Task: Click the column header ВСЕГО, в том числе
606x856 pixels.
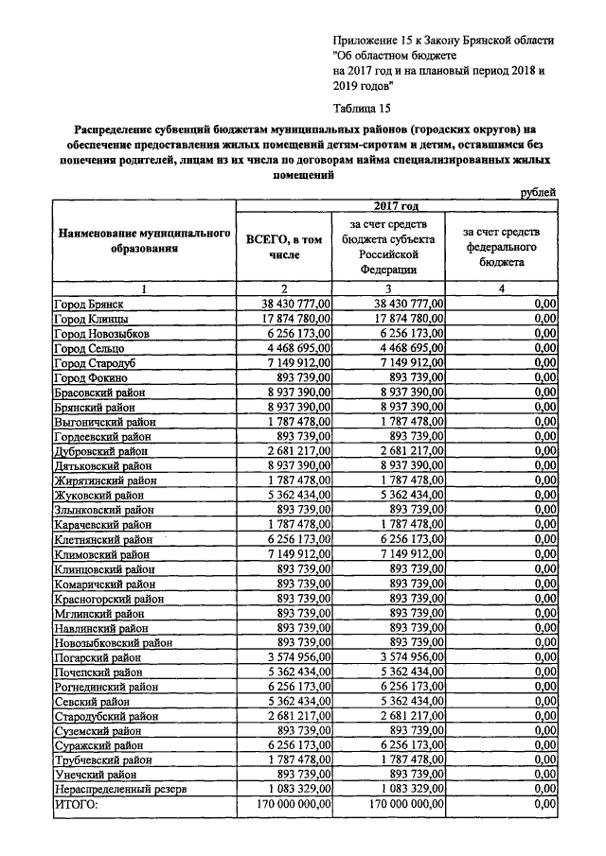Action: [x=283, y=247]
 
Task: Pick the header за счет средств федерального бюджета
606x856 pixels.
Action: [x=501, y=247]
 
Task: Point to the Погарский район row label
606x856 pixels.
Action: [x=98, y=656]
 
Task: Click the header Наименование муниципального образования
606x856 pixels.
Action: [x=144, y=240]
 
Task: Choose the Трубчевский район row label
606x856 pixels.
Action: [x=103, y=759]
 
